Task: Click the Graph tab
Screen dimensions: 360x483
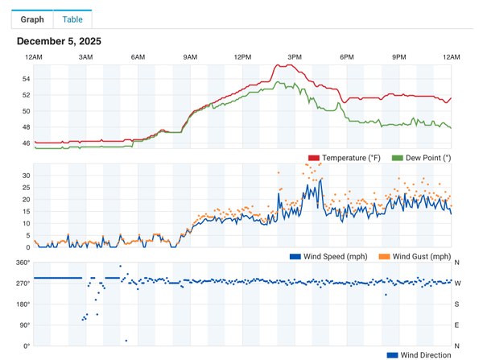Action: pos(33,19)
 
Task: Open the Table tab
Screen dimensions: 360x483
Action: pos(72,19)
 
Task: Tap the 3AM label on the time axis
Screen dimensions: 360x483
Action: pos(86,57)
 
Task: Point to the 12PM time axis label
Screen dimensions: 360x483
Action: pos(242,57)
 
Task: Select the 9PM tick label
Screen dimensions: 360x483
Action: pos(399,57)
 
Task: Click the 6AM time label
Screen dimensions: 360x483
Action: pos(138,57)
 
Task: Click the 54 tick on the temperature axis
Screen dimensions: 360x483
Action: pos(27,79)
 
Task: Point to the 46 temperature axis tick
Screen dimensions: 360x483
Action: pos(27,143)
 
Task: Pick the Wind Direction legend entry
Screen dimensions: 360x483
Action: pos(420,354)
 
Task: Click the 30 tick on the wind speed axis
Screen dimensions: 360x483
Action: pos(27,176)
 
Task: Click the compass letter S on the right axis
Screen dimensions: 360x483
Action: pos(457,304)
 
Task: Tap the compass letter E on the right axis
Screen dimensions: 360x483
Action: pos(457,325)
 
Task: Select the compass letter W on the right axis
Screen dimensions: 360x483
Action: pos(457,283)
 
